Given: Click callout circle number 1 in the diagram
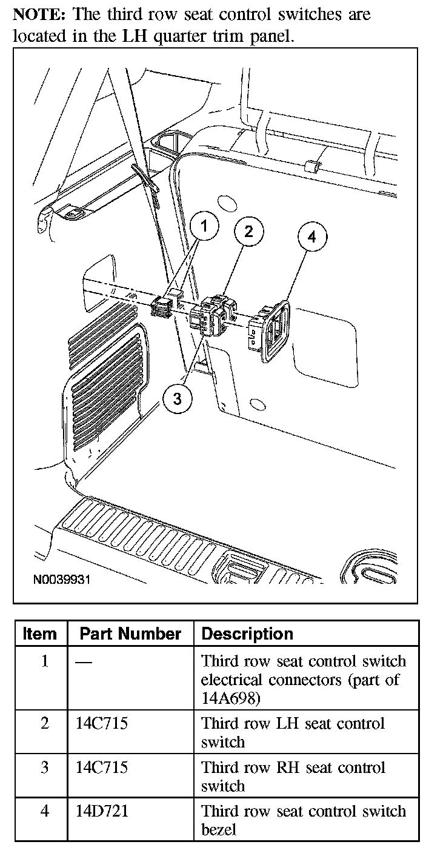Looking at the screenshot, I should (x=204, y=227).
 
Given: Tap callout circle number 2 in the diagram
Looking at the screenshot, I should (x=248, y=231).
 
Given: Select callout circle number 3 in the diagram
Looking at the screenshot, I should (x=177, y=398).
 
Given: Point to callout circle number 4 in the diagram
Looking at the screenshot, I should (x=311, y=237).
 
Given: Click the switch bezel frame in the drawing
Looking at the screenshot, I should (x=276, y=330).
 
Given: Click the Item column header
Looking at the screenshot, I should (x=40, y=634).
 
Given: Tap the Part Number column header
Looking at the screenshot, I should (x=130, y=634).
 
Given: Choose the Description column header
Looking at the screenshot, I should (x=247, y=634).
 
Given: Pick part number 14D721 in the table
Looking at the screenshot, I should (x=102, y=811).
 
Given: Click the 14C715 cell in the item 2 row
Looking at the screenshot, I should (x=102, y=723).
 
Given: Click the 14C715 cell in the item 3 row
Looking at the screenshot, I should (x=102, y=767).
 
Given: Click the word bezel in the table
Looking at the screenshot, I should (x=219, y=829).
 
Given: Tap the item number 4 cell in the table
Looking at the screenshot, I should (x=44, y=811).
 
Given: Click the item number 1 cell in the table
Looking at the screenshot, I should (x=44, y=661).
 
